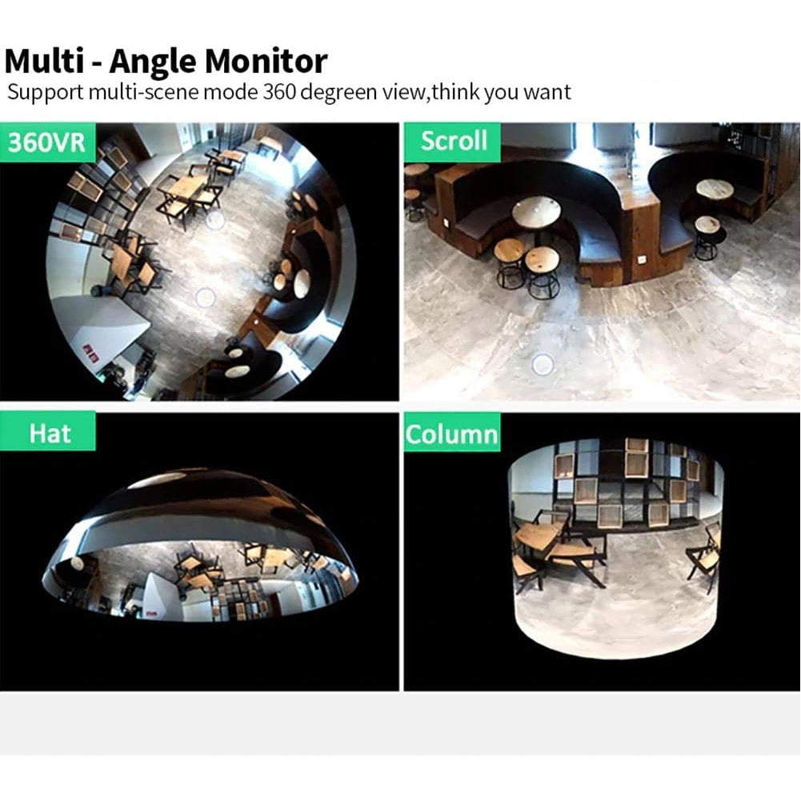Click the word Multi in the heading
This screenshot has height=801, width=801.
click(x=44, y=61)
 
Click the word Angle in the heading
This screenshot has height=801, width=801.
click(x=152, y=62)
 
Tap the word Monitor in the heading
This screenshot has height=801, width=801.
click(x=266, y=62)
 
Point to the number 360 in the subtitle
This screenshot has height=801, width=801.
click(x=279, y=93)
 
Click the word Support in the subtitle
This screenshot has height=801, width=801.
click(x=45, y=94)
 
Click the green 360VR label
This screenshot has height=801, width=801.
click(x=47, y=142)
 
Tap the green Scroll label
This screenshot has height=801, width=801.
click(x=453, y=142)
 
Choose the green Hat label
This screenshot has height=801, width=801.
click(x=47, y=432)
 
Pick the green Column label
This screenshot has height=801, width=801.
click(x=452, y=434)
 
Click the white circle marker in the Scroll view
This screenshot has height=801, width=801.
click(x=542, y=364)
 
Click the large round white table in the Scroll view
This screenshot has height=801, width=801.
click(x=536, y=213)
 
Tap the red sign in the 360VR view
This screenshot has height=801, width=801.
click(x=90, y=354)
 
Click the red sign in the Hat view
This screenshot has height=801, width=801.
click(x=151, y=612)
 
